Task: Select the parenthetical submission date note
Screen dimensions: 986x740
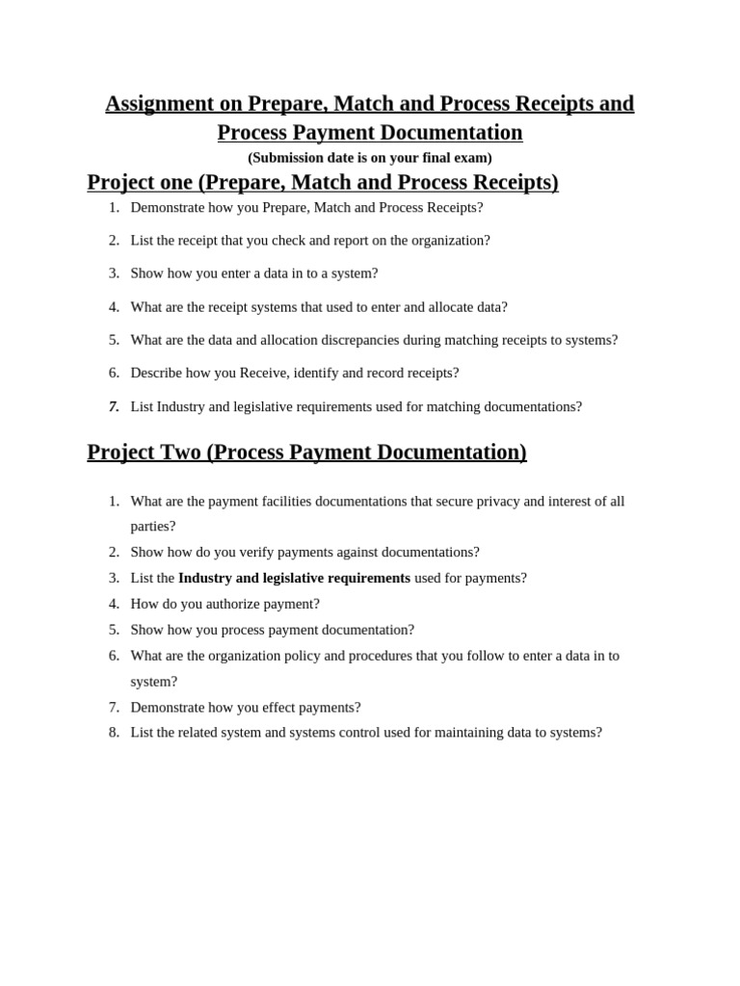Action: pos(370,158)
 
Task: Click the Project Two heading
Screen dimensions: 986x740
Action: pos(306,453)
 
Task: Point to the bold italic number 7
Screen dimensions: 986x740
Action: pos(114,406)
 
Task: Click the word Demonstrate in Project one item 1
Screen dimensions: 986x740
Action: pos(170,207)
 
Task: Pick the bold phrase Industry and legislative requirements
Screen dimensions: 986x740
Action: pos(294,579)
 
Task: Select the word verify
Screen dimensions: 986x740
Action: pos(244,553)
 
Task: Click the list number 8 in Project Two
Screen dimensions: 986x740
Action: pos(114,733)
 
